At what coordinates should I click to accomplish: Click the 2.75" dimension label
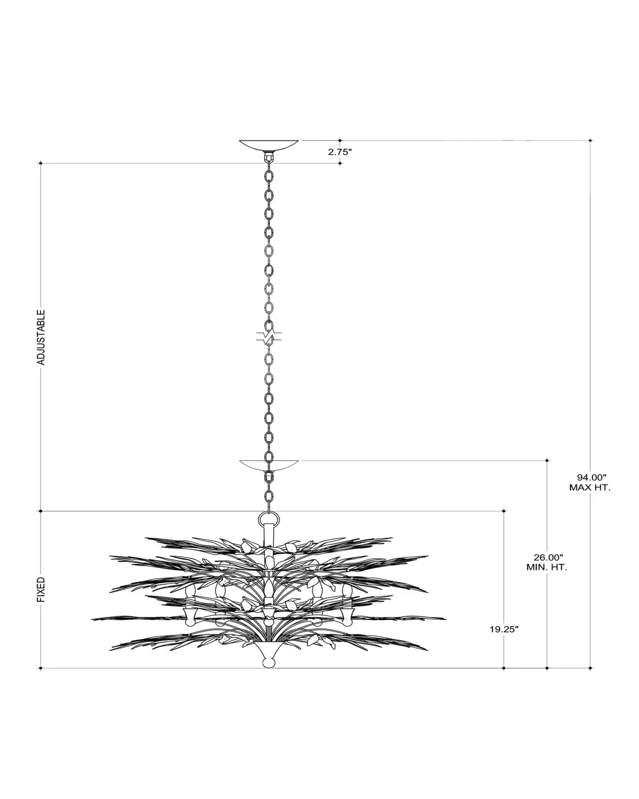point(339,152)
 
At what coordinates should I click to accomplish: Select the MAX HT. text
point(590,487)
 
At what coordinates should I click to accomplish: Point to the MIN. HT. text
point(547,578)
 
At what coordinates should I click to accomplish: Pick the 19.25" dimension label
point(504,629)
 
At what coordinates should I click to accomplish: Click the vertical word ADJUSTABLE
point(41,337)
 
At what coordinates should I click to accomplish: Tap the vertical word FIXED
point(41,589)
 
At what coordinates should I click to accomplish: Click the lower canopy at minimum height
point(268,465)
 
